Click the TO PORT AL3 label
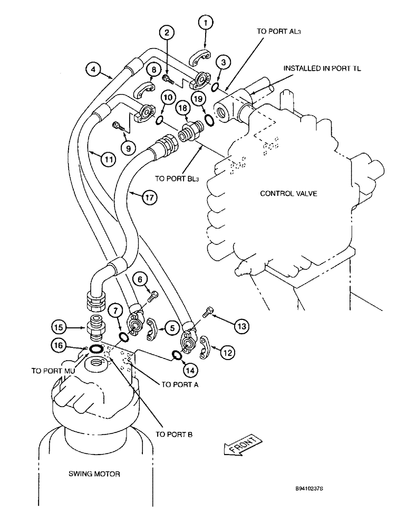(278, 31)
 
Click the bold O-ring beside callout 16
(96, 349)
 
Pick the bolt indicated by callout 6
(153, 297)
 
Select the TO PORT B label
(174, 435)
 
